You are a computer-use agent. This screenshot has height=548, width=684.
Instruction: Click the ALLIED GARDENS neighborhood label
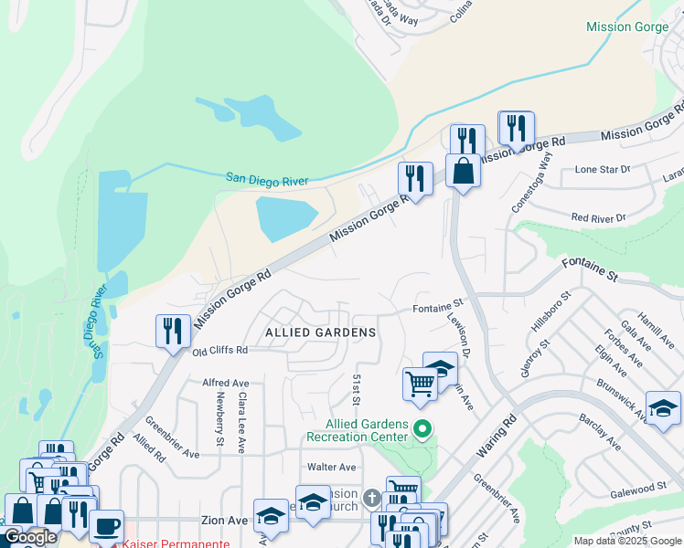[320, 332]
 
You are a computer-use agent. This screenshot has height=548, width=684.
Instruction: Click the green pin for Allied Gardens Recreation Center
[422, 427]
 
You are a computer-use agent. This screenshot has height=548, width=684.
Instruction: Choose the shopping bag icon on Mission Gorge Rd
[464, 172]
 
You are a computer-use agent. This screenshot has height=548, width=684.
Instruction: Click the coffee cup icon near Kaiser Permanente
[107, 527]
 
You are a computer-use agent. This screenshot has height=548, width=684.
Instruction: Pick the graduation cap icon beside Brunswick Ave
[663, 408]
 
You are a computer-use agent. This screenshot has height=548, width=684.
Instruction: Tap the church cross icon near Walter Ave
[371, 498]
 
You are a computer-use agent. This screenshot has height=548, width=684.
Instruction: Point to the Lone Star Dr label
[601, 170]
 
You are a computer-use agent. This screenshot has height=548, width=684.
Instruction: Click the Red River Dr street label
[598, 218]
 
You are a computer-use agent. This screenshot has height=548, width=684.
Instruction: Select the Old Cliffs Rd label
[219, 350]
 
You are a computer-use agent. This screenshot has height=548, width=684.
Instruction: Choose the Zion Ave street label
[224, 520]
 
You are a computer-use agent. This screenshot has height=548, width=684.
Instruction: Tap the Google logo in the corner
[29, 537]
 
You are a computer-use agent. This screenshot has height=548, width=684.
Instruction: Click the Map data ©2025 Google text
[626, 541]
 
